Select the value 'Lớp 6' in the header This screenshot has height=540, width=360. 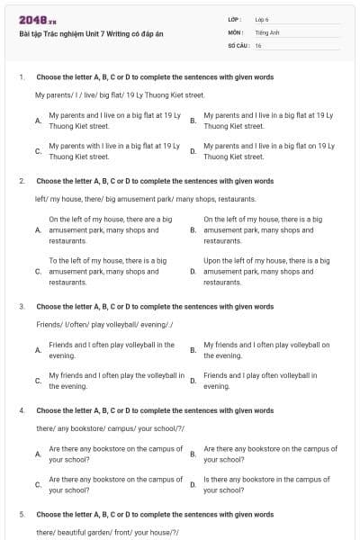click(262, 19)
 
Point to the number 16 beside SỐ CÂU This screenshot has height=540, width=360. click(258, 45)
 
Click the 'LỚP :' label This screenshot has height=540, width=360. click(234, 19)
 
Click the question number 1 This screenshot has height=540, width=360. click(21, 76)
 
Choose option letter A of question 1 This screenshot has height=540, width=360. click(38, 121)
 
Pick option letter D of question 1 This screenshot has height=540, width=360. click(193, 151)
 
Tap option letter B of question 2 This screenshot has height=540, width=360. click(193, 230)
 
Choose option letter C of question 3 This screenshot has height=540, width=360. click(38, 381)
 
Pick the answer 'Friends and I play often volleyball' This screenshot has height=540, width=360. click(266, 381)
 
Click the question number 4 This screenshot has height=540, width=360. click(21, 409)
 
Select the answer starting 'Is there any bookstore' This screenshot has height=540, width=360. click(266, 485)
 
